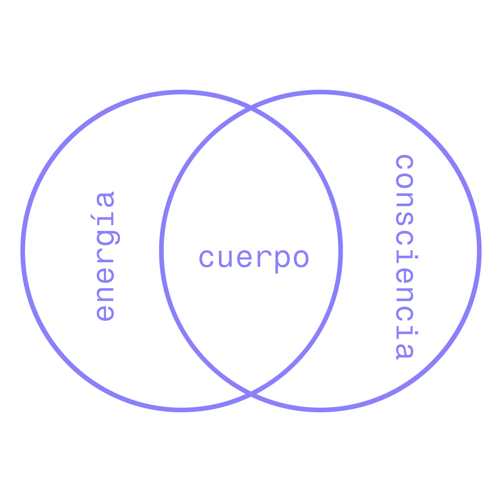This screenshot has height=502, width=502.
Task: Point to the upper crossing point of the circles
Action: [251, 109]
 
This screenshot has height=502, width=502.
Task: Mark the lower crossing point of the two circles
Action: [251, 394]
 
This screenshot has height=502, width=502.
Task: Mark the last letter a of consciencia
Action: [404, 351]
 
